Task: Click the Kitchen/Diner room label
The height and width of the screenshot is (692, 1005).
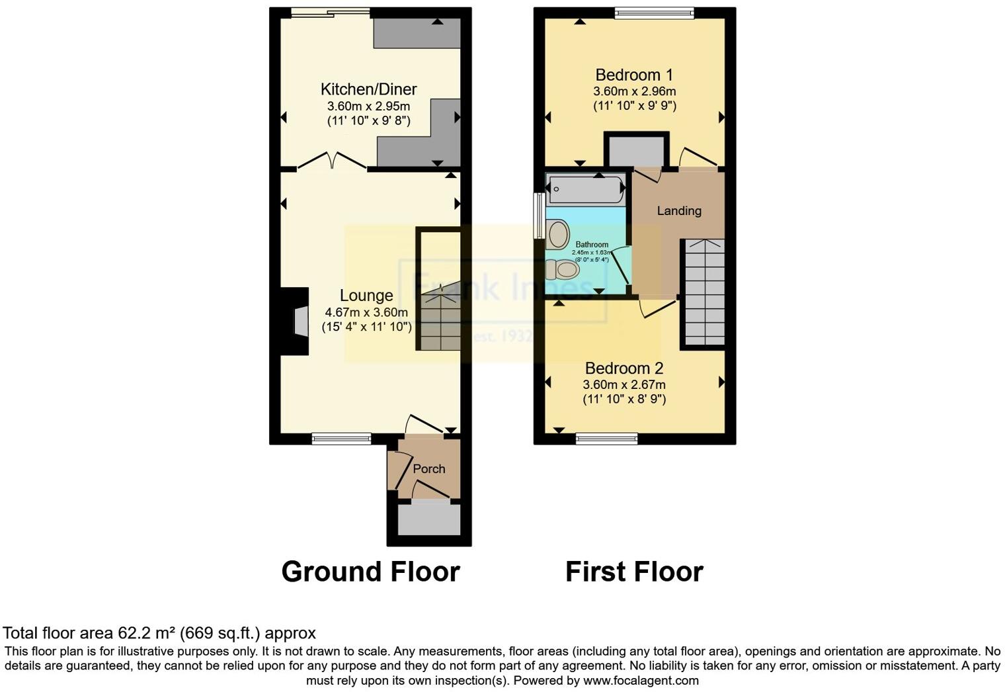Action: click(368, 89)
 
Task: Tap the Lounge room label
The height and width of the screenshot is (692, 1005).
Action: click(366, 296)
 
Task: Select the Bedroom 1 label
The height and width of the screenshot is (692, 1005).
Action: click(634, 75)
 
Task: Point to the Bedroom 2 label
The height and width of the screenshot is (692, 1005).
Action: click(623, 368)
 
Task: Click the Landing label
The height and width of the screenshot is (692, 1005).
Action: click(678, 211)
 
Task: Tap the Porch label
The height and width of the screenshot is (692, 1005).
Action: click(429, 469)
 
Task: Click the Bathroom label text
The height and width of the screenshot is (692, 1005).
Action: click(592, 245)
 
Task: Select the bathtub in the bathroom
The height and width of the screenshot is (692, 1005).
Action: click(585, 189)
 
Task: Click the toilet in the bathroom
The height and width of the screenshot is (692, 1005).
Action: click(563, 269)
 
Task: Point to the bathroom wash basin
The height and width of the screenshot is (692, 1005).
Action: click(557, 234)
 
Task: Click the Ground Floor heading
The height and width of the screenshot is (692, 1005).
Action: click(370, 572)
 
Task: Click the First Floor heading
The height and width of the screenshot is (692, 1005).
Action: click(634, 572)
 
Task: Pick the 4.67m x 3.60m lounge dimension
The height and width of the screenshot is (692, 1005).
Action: click(366, 312)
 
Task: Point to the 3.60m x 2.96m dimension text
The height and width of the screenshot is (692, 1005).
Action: click(634, 91)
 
